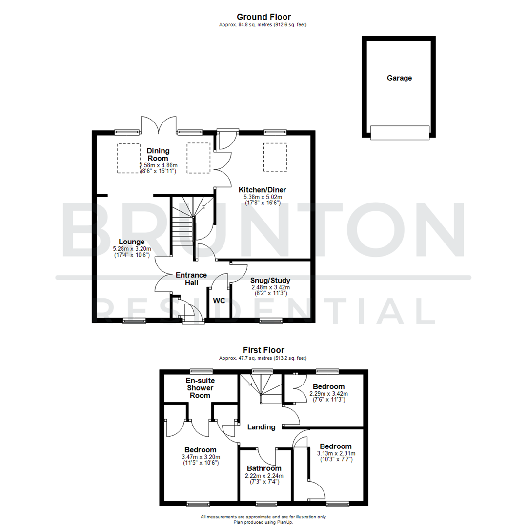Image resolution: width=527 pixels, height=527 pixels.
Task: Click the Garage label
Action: (399, 78)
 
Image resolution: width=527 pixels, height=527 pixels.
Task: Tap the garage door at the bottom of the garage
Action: (400, 132)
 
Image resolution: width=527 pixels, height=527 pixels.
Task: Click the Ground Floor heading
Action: (263, 17)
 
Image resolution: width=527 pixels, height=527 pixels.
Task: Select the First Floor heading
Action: (263, 350)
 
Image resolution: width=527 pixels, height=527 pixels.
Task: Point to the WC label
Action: (219, 301)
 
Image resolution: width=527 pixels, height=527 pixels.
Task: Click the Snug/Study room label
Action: (270, 281)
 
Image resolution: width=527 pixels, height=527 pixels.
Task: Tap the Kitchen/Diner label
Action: (262, 190)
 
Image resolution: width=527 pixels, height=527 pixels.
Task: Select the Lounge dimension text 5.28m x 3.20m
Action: (132, 249)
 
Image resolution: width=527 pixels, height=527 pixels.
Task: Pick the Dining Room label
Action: (157, 154)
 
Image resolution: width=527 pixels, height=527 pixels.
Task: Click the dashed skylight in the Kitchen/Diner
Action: (275, 157)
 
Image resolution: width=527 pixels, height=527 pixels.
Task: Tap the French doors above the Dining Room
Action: (158, 125)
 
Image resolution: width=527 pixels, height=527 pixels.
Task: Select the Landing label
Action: (261, 427)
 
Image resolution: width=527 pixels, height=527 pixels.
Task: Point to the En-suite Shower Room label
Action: (200, 387)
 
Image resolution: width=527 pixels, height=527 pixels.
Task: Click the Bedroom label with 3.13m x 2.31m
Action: (335, 446)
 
